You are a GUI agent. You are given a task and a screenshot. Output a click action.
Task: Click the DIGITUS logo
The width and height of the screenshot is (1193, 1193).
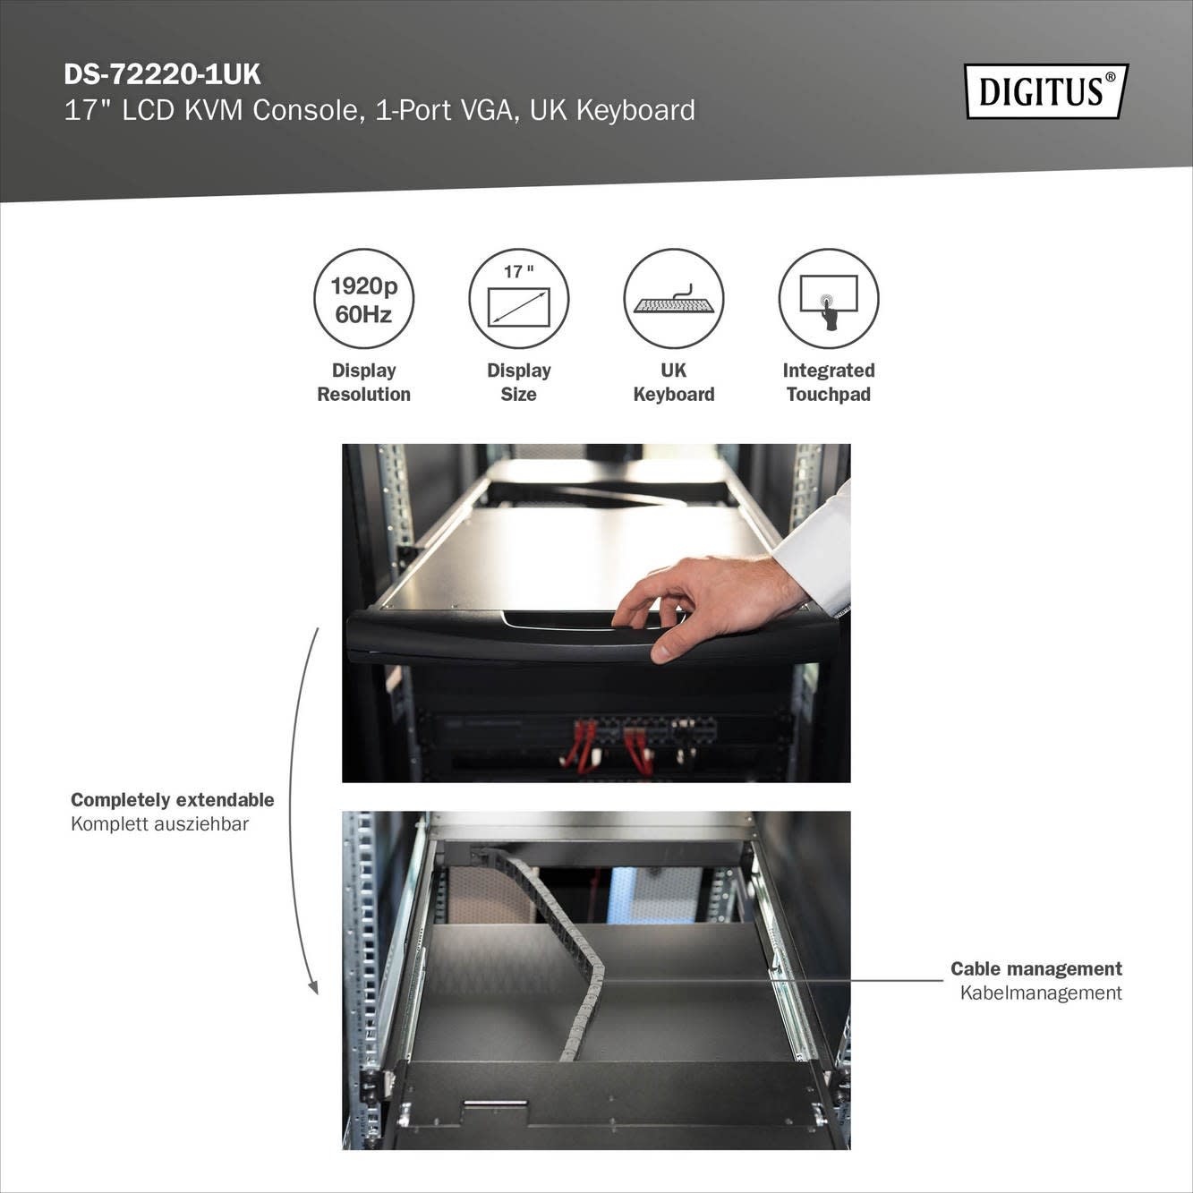[1046, 91]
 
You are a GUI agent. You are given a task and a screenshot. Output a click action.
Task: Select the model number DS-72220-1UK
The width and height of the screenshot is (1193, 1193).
[162, 75]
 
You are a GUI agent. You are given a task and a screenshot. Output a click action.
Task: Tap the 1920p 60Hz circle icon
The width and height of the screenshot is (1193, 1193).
[363, 300]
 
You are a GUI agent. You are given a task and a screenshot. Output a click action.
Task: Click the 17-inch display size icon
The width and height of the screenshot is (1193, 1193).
[518, 300]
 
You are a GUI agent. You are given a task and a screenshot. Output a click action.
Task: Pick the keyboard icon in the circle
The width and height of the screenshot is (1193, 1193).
[674, 300]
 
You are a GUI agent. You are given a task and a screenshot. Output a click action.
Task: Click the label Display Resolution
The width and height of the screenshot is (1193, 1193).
[363, 382]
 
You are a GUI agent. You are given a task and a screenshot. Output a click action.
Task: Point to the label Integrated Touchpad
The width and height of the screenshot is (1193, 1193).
[829, 382]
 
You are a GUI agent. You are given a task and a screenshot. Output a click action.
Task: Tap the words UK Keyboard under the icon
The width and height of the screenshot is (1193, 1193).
[674, 382]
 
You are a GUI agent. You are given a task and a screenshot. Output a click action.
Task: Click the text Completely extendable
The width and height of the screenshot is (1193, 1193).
[172, 800]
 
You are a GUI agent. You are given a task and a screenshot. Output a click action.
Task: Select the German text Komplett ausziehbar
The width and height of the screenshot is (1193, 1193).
[159, 824]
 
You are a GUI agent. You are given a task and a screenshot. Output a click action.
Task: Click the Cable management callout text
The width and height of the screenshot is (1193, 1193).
[1036, 968]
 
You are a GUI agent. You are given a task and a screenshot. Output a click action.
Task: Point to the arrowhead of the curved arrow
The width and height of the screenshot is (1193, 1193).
[313, 987]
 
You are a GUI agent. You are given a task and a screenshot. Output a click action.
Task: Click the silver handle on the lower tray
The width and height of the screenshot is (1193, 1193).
[495, 1104]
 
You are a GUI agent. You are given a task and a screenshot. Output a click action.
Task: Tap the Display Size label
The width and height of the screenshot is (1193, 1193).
[519, 382]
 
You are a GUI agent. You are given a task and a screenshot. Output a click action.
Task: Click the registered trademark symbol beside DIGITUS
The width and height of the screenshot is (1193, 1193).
[1110, 77]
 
